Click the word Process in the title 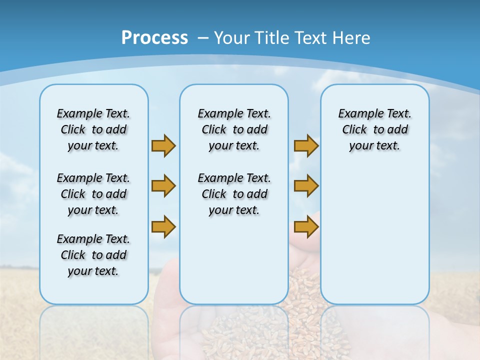154,38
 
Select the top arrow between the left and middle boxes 163,145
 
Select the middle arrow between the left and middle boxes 163,186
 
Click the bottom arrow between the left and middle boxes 163,226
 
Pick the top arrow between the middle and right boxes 306,145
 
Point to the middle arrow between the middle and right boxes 306,186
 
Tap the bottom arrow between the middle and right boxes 306,227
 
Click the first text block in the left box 93,129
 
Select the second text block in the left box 93,194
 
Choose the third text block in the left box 93,255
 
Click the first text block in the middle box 234,129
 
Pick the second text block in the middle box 234,194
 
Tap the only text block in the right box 374,129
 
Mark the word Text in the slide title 310,38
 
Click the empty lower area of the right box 374,235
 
